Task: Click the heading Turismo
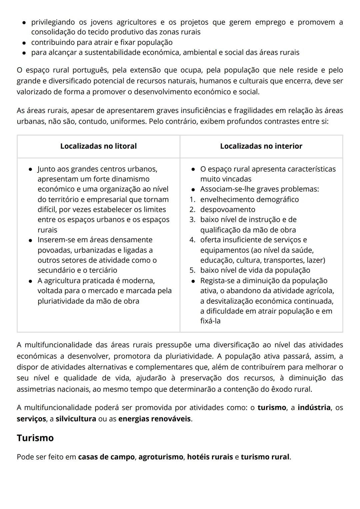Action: pyautogui.click(x=35, y=438)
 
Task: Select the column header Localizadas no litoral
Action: pyautogui.click(x=98, y=146)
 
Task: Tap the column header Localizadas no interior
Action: pyautogui.click(x=261, y=146)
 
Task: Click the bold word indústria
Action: pyautogui.click(x=314, y=408)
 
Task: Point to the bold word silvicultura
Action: pyautogui.click(x=76, y=419)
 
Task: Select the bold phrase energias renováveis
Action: pyautogui.click(x=155, y=419)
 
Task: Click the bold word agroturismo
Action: pyautogui.click(x=161, y=457)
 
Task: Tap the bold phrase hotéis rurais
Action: pyautogui.click(x=210, y=457)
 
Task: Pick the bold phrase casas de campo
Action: pyautogui.click(x=106, y=457)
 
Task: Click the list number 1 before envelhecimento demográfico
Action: pyautogui.click(x=192, y=199)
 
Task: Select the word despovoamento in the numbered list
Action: pyautogui.click(x=228, y=209)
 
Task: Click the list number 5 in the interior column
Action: pyautogui.click(x=192, y=270)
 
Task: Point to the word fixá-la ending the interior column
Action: pyautogui.click(x=210, y=321)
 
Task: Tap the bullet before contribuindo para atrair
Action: pyautogui.click(x=24, y=43)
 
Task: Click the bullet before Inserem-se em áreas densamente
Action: pyautogui.click(x=30, y=240)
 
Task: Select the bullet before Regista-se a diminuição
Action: pyautogui.click(x=193, y=281)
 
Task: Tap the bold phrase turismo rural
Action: pyautogui.click(x=265, y=457)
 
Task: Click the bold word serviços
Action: pyautogui.click(x=31, y=419)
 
